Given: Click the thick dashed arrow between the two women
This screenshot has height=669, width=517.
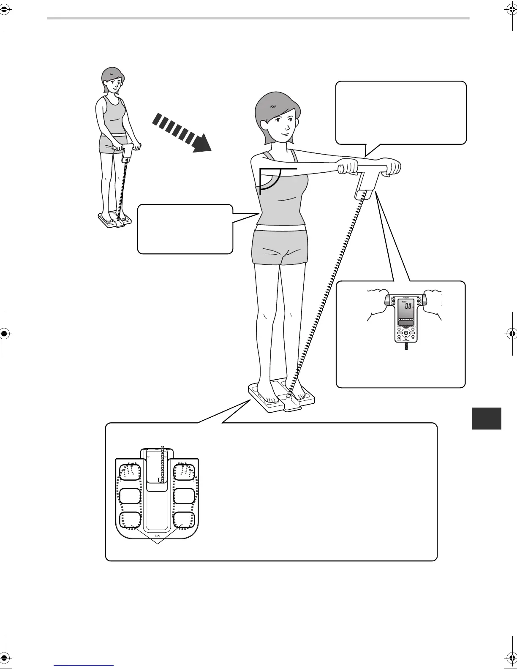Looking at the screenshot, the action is (x=181, y=132).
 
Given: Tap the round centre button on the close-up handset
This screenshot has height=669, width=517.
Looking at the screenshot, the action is (x=405, y=333).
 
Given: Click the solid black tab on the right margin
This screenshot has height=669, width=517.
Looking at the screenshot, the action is (x=486, y=418).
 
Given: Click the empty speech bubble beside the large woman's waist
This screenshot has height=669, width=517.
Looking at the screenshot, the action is (x=185, y=229).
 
